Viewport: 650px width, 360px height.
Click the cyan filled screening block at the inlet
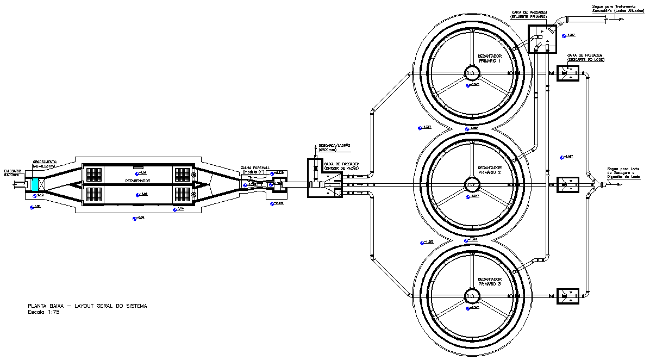click(x=35, y=184)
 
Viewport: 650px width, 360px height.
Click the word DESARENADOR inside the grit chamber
click(x=137, y=181)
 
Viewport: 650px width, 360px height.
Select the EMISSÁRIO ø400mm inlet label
click(x=12, y=172)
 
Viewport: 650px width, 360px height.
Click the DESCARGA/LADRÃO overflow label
click(x=334, y=146)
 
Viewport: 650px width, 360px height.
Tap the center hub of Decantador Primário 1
click(x=471, y=73)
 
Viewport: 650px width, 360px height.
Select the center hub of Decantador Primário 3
click(x=471, y=296)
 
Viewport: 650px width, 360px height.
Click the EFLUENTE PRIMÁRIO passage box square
click(x=544, y=39)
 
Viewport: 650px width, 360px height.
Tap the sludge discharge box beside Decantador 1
click(x=567, y=74)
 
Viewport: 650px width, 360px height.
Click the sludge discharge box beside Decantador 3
click(x=567, y=296)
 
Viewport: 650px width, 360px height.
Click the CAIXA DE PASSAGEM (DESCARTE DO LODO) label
click(x=585, y=57)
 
